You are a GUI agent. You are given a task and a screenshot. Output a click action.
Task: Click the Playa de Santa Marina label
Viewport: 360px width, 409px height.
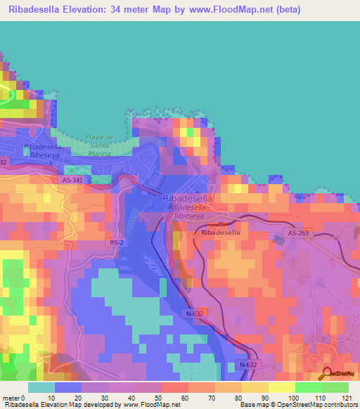click(x=99, y=145)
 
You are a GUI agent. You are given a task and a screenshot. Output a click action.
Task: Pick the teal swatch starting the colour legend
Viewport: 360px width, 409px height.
click(x=41, y=387)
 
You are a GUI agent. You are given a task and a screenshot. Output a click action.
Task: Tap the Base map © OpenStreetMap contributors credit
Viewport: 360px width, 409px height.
click(x=298, y=405)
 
